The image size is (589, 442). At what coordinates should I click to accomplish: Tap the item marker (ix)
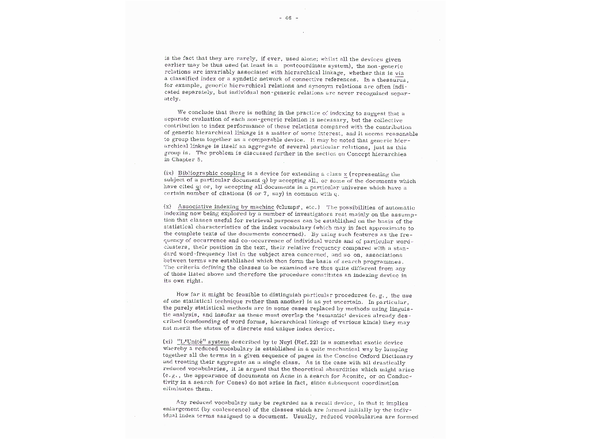tap(169, 173)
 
